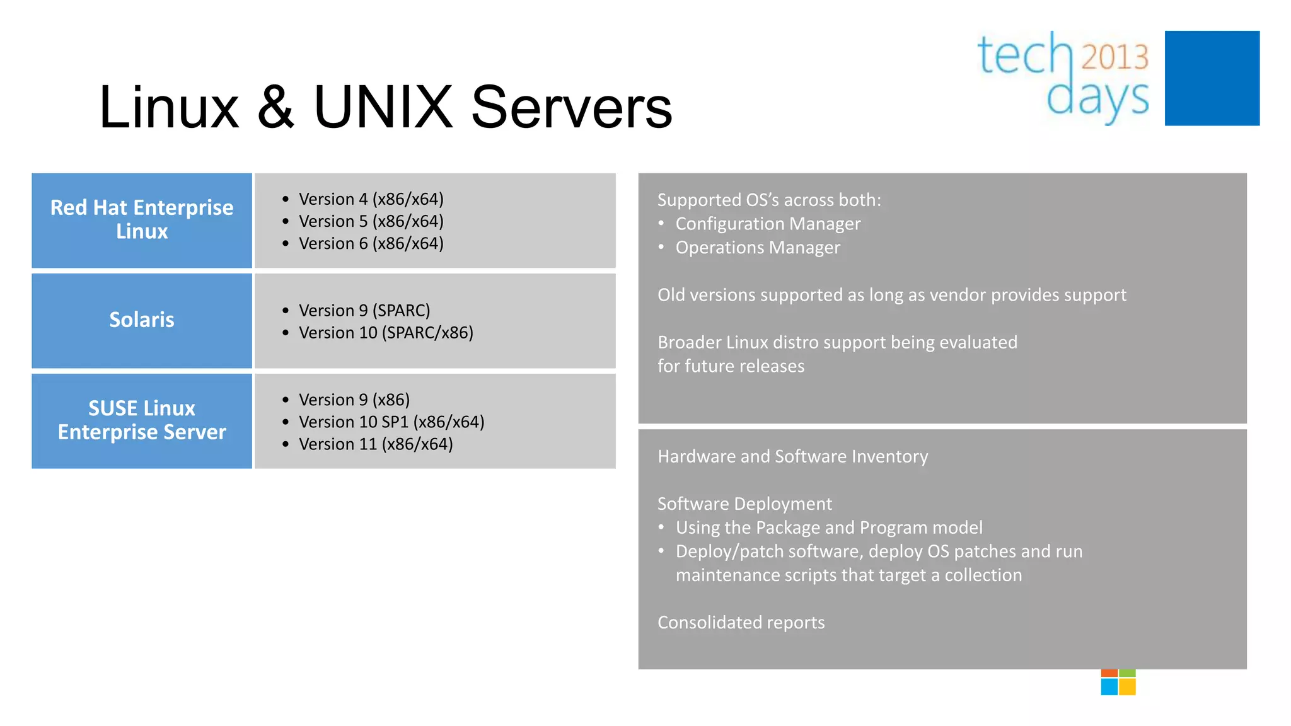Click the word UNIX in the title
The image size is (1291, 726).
pyautogui.click(x=383, y=107)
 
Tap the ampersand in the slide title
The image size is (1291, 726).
pyautogui.click(x=275, y=107)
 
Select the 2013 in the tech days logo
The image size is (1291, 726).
pyautogui.click(x=1114, y=57)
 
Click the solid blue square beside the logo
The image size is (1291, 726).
pyautogui.click(x=1212, y=78)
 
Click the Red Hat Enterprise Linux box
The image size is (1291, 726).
pyautogui.click(x=142, y=220)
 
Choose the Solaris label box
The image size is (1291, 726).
pyautogui.click(x=142, y=320)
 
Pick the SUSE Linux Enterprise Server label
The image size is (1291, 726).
pyautogui.click(x=142, y=420)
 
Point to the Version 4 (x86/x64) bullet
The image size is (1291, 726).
pyautogui.click(x=371, y=199)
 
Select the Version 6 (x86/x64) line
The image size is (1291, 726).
pyautogui.click(x=371, y=243)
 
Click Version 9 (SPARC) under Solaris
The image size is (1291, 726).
pyautogui.click(x=364, y=311)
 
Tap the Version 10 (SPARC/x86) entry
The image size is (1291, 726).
pyautogui.click(x=386, y=333)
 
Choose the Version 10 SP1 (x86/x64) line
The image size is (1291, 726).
pyautogui.click(x=391, y=422)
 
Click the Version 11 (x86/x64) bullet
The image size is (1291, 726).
pyautogui.click(x=376, y=444)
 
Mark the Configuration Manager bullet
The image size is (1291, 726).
pyautogui.click(x=767, y=224)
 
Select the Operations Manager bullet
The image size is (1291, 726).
pyautogui.click(x=757, y=248)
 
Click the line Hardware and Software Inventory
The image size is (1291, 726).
pyautogui.click(x=792, y=456)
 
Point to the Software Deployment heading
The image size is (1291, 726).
pyautogui.click(x=744, y=504)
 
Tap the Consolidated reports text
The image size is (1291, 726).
pyautogui.click(x=741, y=623)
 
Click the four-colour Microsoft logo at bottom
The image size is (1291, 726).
pyautogui.click(x=1118, y=683)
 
